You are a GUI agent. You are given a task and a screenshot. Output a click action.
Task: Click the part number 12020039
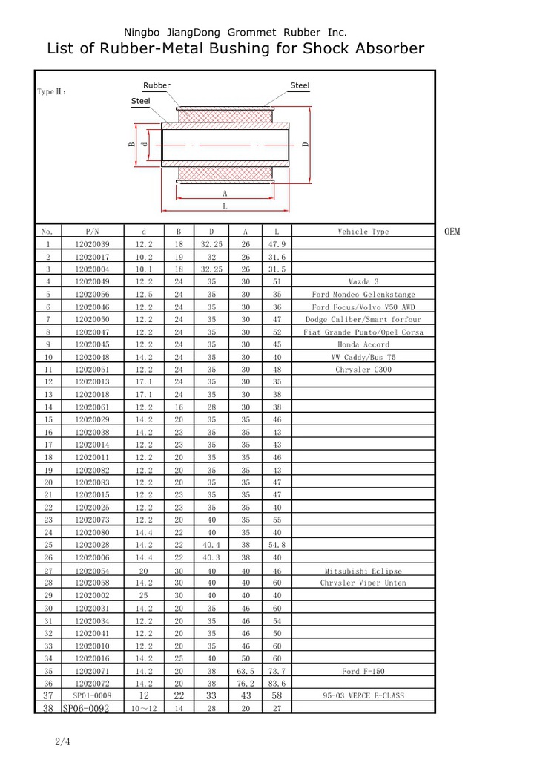click(x=92, y=244)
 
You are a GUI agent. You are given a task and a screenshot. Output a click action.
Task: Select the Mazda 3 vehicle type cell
click(x=363, y=282)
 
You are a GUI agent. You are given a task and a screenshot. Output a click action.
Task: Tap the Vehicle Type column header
click(x=363, y=232)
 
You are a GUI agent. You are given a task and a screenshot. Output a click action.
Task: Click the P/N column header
click(x=92, y=232)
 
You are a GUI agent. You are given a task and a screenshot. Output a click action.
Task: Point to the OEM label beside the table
click(x=452, y=232)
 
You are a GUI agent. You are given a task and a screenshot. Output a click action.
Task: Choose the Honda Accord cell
click(x=363, y=344)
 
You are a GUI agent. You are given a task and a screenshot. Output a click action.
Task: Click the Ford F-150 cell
click(x=363, y=671)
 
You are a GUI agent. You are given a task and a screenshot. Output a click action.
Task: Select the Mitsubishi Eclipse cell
click(x=363, y=571)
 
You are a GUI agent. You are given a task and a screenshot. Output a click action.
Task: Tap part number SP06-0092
click(x=86, y=708)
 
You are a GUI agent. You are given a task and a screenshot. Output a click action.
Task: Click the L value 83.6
click(x=276, y=684)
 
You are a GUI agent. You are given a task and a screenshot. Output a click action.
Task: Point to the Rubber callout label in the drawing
click(x=157, y=85)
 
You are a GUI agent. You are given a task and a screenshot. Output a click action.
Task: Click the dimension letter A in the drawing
click(x=225, y=192)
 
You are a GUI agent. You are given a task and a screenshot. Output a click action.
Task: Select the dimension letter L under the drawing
click(x=225, y=207)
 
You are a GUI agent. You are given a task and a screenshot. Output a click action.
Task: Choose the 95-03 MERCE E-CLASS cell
click(x=363, y=695)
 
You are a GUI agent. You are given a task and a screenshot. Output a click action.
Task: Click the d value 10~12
click(x=144, y=708)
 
